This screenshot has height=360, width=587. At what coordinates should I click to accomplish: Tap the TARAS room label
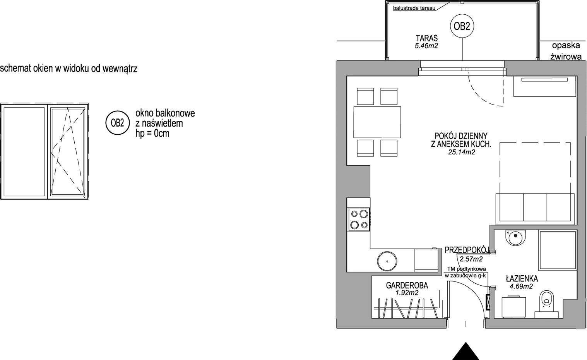click(x=427, y=38)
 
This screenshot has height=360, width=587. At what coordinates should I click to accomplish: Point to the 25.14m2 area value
click(x=462, y=152)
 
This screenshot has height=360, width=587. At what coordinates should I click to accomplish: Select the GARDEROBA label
click(x=407, y=285)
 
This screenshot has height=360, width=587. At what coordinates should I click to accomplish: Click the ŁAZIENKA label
click(x=522, y=278)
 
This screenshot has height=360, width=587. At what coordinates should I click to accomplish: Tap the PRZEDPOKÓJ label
click(x=467, y=250)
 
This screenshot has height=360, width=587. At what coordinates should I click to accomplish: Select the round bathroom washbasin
click(x=515, y=238)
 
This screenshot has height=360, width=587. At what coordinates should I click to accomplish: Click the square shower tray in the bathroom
click(x=558, y=250)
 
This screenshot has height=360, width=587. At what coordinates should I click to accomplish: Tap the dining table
click(x=377, y=122)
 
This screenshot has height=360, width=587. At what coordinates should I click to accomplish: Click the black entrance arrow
click(x=465, y=351)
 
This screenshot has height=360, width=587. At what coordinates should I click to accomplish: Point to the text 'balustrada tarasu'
click(x=414, y=8)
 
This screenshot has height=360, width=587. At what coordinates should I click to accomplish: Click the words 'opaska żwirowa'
click(x=566, y=51)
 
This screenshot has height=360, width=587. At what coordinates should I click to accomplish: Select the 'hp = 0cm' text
click(x=152, y=134)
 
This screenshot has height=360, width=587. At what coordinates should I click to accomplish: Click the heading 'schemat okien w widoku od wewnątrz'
click(x=68, y=69)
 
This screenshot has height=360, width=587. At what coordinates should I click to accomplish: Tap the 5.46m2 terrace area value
click(x=426, y=46)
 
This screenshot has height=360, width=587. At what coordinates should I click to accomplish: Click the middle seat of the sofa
click(x=535, y=207)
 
